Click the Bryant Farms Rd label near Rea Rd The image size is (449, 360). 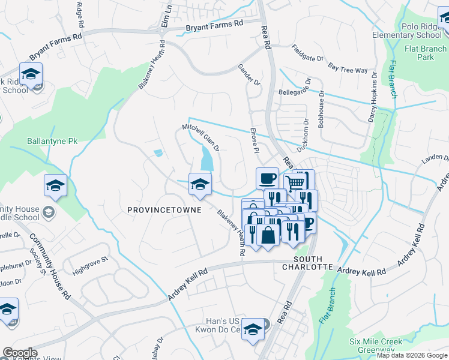click(x=214, y=24)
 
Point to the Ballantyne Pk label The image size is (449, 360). click(x=52, y=142)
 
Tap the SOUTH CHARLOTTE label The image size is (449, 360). click(x=313, y=262)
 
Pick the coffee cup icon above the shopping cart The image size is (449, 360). click(x=267, y=178)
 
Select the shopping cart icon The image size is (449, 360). click(x=295, y=182)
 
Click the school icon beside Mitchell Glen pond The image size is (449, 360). click(x=200, y=184)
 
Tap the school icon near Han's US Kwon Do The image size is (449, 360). click(x=255, y=329)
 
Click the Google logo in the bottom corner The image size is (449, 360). click(x=20, y=353)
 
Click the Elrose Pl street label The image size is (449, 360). click(x=255, y=139)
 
